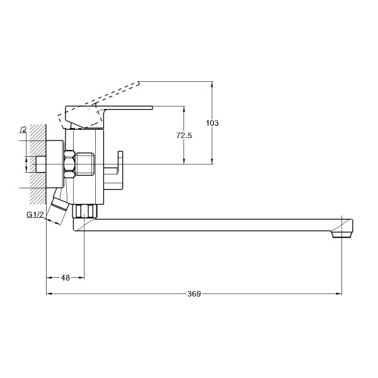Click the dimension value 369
(x=194, y=294)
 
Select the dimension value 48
(x=65, y=278)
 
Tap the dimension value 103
(x=212, y=123)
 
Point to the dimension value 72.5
(x=184, y=135)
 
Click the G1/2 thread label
(x=35, y=214)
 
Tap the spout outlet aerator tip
(x=342, y=234)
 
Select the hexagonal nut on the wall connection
(x=70, y=164)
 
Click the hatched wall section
(x=38, y=164)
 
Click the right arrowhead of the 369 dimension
(x=339, y=294)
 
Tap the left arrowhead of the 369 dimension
(x=49, y=294)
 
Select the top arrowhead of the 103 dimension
(x=212, y=84)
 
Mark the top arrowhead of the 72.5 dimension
(x=184, y=109)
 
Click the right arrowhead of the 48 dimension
(x=82, y=278)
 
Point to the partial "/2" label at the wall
(x=23, y=130)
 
